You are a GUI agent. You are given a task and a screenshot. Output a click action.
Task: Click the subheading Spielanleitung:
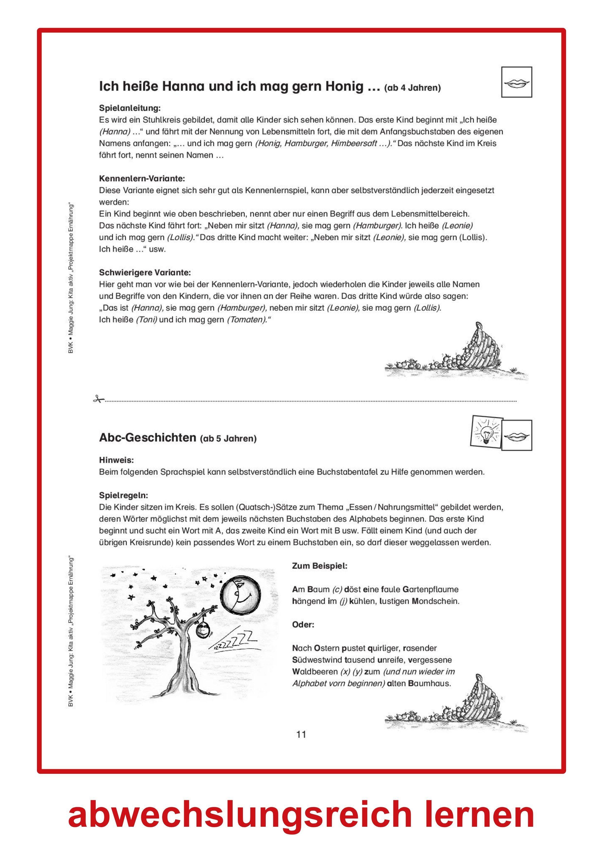click(x=130, y=108)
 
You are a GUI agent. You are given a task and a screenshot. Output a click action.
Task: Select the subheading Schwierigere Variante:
click(x=144, y=272)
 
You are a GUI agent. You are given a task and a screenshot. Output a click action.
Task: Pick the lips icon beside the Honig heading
click(x=516, y=82)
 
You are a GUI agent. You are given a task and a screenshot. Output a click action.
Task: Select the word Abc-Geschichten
click(x=147, y=438)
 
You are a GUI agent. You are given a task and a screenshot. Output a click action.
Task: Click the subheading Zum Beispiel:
click(x=319, y=566)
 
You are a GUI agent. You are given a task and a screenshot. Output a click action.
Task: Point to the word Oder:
click(x=303, y=624)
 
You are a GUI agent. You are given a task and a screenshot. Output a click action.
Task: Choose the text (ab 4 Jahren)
click(x=412, y=88)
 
